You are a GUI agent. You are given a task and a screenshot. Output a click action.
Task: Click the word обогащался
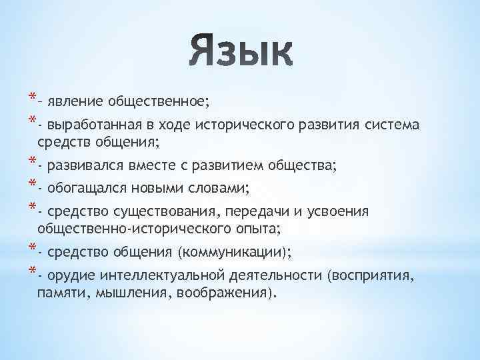point(85,189)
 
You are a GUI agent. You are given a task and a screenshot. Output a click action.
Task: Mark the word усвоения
point(339,213)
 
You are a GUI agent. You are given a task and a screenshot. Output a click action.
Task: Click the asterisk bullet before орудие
point(31,272)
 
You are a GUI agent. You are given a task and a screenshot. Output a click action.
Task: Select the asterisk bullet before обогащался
point(31,185)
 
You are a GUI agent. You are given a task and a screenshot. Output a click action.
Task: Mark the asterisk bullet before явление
point(31,98)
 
